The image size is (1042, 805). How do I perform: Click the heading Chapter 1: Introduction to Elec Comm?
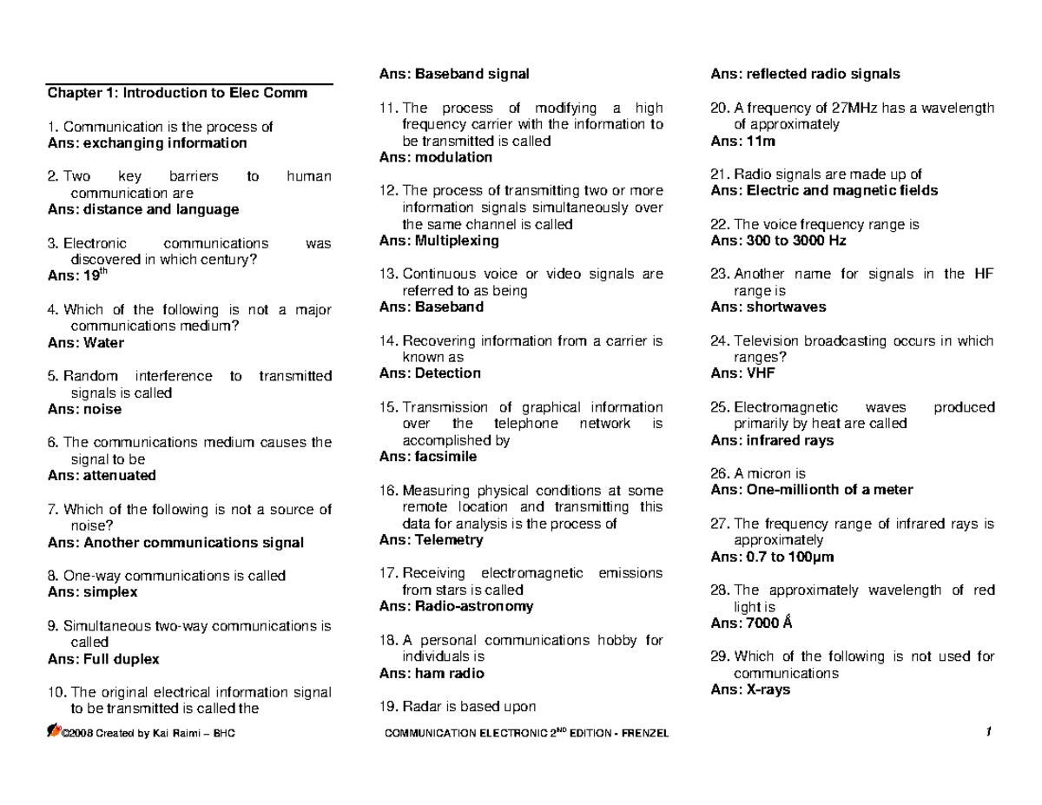pyautogui.click(x=177, y=93)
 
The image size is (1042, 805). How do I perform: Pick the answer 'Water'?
pyautogui.click(x=103, y=342)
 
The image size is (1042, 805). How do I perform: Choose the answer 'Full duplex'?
pyautogui.click(x=121, y=658)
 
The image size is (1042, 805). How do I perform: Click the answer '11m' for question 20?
pyautogui.click(x=754, y=140)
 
